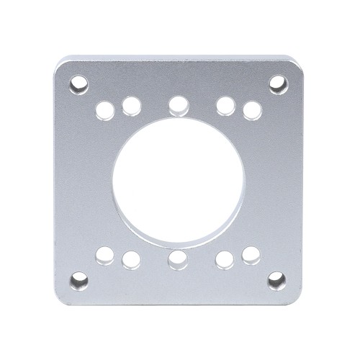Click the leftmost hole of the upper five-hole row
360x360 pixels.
pos(104,110)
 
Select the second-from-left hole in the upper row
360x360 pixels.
pos(130,107)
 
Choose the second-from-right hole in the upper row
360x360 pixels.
pos(225,106)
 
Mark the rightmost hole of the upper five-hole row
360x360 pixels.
pos(251,110)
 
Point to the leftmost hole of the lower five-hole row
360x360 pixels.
pos(104,253)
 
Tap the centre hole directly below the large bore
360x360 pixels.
pos(177,258)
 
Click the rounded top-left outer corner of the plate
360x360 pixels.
pos(60,66)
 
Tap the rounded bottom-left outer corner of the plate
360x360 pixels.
pos(58,299)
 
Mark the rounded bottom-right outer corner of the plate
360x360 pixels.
pos(297,299)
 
